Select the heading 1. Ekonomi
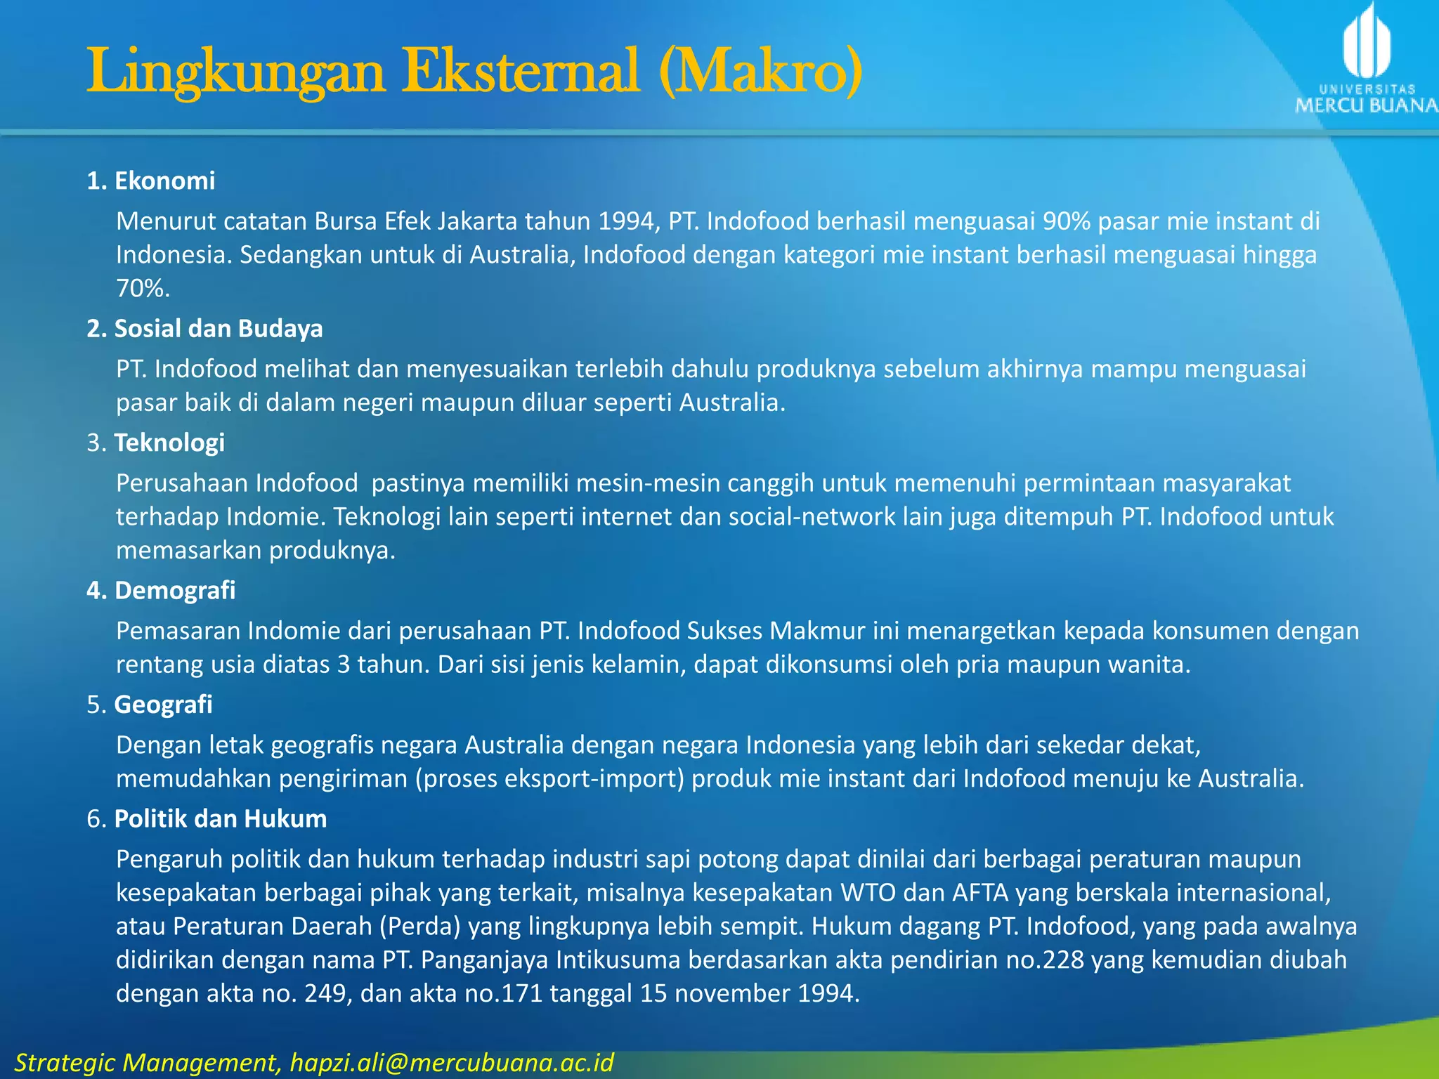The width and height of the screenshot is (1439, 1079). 151,181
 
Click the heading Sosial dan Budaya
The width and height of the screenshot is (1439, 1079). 218,329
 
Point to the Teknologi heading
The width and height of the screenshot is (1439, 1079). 169,443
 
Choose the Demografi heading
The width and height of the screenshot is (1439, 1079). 174,591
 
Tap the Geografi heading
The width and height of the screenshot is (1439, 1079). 163,705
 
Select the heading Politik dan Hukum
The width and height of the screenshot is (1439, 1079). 220,819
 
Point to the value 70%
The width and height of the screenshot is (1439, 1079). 143,289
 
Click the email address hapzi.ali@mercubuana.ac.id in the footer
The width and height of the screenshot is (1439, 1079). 452,1061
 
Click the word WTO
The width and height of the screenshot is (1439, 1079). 868,893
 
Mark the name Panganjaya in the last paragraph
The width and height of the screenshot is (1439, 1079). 484,960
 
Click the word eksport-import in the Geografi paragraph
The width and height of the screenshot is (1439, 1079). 549,779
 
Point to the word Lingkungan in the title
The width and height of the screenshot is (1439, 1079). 236,72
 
